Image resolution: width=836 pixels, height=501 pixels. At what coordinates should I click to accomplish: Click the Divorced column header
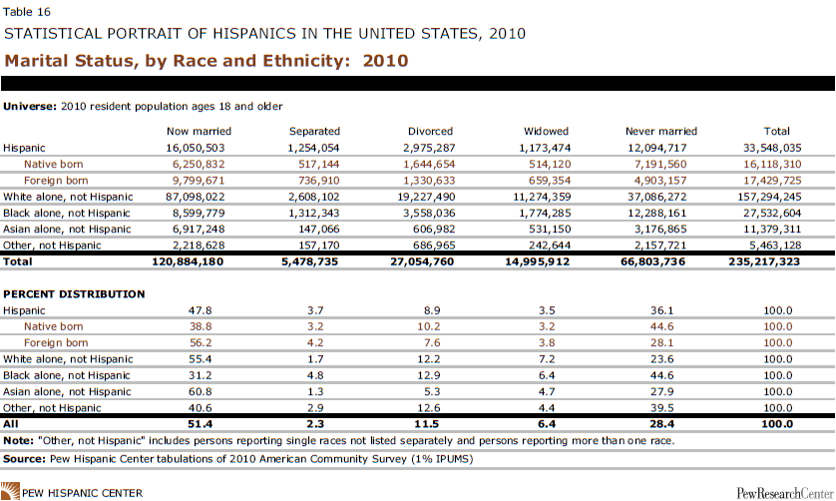430,131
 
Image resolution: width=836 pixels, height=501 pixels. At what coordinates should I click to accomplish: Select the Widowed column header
546,131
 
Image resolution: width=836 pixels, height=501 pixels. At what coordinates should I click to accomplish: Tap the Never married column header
660,131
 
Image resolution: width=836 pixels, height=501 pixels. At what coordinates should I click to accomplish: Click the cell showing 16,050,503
199,147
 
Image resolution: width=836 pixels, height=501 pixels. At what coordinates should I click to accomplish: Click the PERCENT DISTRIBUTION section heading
75,294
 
